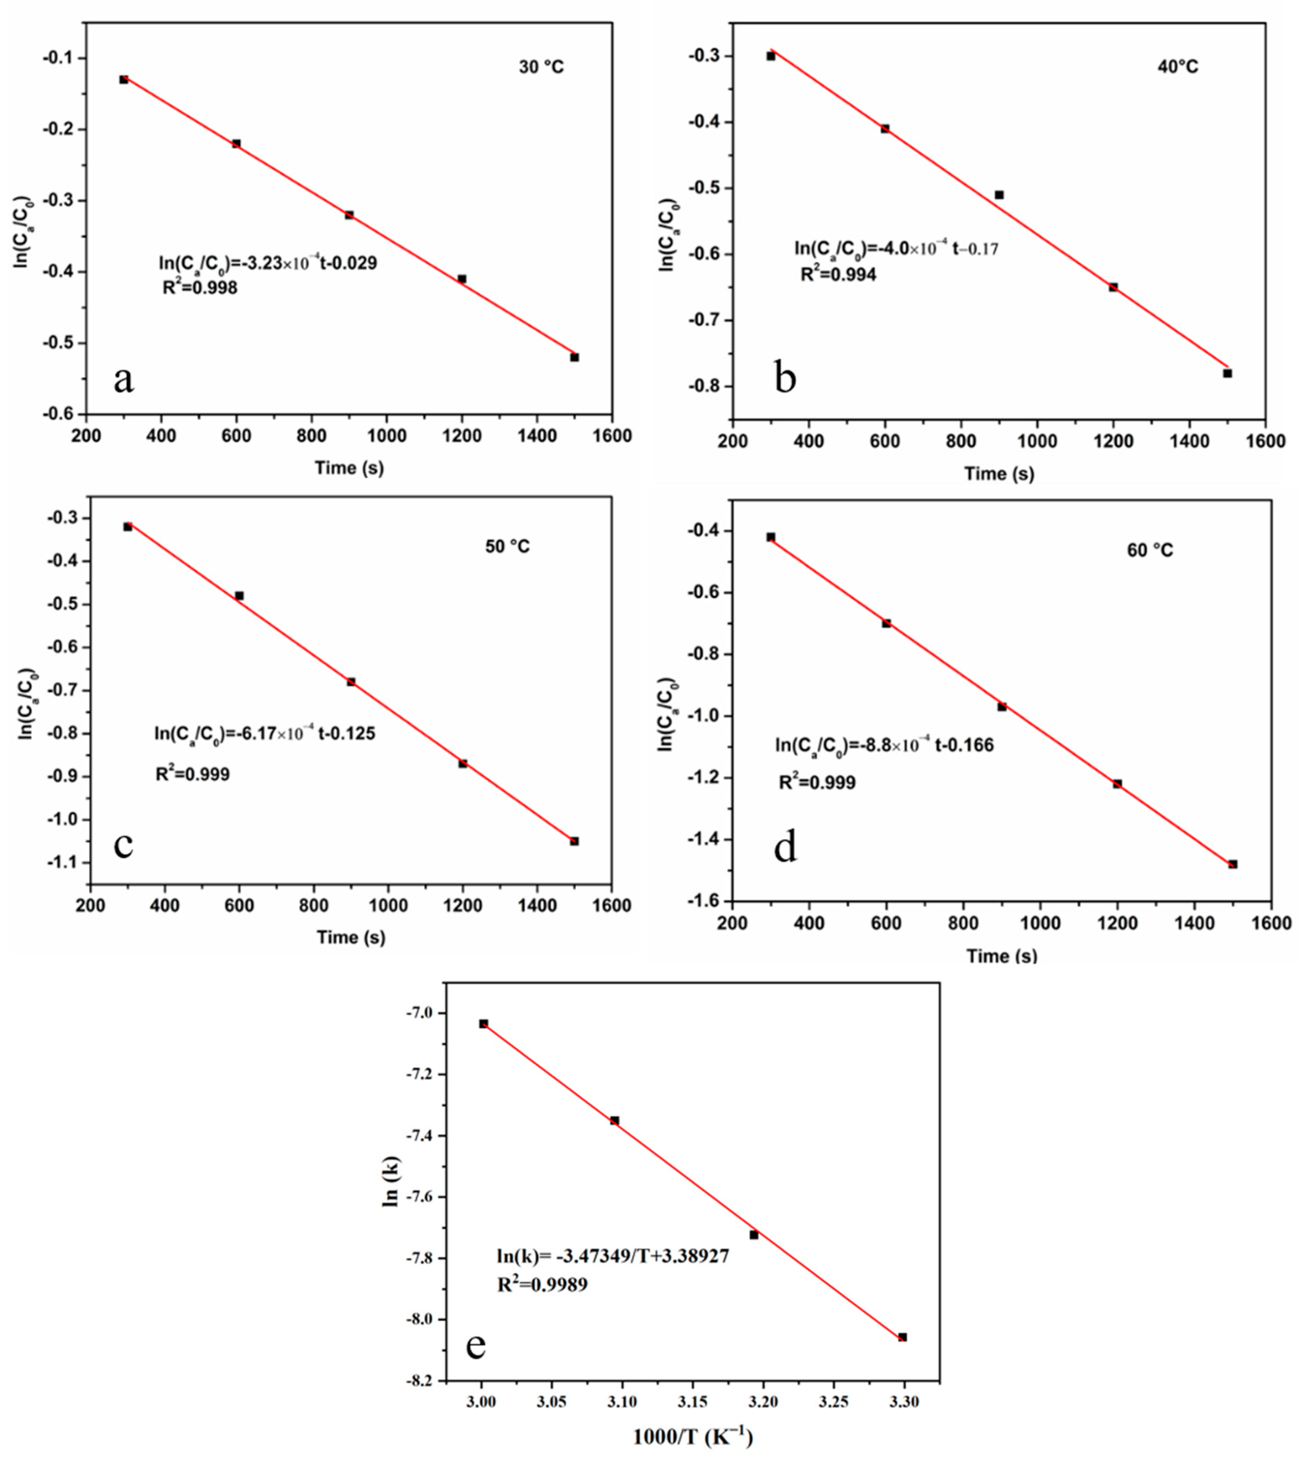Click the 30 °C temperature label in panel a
pos(542,67)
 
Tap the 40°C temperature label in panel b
pos(1178,67)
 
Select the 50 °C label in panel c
pos(508,547)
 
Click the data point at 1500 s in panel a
pos(574,357)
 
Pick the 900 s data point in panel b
pos(999,194)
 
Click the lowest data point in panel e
pos(902,1337)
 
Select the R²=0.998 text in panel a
pos(200,288)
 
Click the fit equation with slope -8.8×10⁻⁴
pos(885,745)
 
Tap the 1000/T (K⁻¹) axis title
pos(693,1436)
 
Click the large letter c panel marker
pos(124,844)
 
